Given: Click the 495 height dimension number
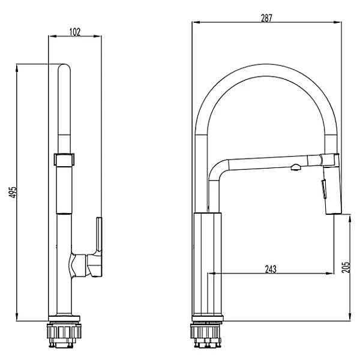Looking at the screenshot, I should tap(13, 191).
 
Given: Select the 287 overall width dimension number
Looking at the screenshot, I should tap(266, 18).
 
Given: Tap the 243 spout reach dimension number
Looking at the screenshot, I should tap(271, 269).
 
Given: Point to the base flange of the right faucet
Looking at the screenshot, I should tap(208, 317).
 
